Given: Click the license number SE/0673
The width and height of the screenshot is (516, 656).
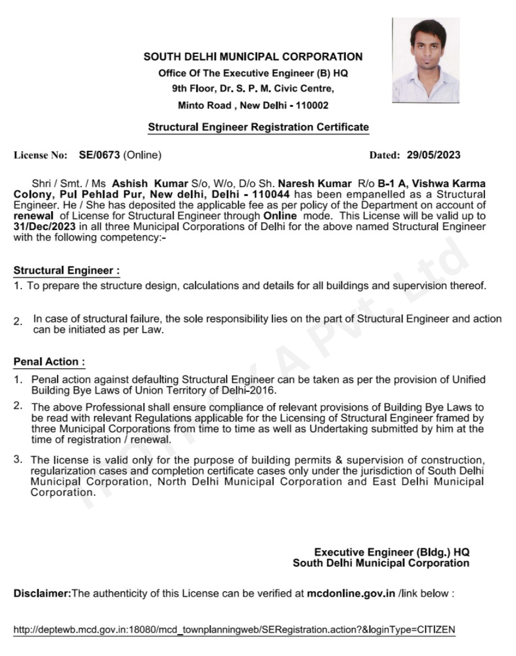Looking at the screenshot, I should pos(99,156).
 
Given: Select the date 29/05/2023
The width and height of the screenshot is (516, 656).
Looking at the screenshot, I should pos(433,156).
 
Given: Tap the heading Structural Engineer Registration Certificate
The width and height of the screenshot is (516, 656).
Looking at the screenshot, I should pos(258,127).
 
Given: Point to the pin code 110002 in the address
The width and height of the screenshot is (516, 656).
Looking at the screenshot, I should pos(310,105).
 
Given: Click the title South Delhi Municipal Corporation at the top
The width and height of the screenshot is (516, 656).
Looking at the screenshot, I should pos(253,57).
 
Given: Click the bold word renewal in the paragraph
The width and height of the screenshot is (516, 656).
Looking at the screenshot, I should pos(33,216).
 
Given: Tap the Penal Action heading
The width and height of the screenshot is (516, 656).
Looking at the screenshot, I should pos(49,361).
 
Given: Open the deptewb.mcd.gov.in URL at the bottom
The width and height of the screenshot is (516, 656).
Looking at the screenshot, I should pos(234,629).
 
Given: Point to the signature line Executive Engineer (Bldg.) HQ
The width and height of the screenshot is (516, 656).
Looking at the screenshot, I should pos(391,552).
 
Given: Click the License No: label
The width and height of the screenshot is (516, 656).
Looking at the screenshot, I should pos(41,156).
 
